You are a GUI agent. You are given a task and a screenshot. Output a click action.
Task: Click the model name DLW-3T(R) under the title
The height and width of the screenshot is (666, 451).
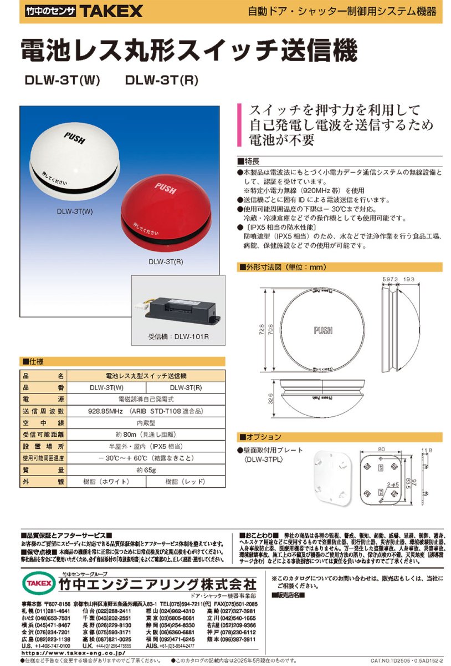(162, 80)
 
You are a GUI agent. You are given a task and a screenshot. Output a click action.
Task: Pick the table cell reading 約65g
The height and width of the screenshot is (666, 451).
(146, 470)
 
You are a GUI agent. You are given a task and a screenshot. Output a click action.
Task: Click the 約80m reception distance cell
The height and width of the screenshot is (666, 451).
(146, 435)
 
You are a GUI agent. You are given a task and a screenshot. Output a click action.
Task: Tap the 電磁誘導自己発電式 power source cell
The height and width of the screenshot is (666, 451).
(146, 399)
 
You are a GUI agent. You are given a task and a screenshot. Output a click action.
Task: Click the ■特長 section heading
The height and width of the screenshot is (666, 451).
(249, 161)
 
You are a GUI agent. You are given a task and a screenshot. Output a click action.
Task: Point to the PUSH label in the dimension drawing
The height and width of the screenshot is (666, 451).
(322, 331)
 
